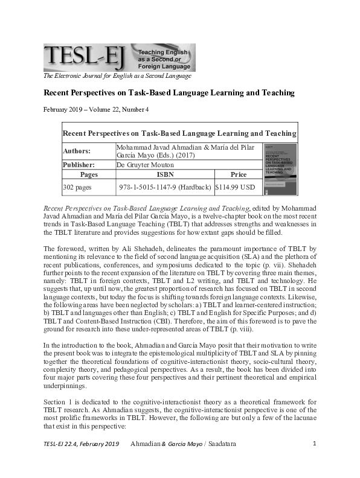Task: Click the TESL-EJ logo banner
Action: click(119, 57)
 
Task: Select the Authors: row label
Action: click(77, 151)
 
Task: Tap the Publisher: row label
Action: click(80, 164)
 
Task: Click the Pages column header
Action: click(89, 174)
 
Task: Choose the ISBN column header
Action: click(165, 174)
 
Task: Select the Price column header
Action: click(239, 174)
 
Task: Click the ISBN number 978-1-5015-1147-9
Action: click(165, 187)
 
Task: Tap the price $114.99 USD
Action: click(236, 187)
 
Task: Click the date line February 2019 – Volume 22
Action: click(96, 109)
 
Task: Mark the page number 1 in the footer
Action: click(315, 461)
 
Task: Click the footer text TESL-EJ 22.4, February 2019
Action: click(80, 461)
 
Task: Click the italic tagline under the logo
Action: click(117, 76)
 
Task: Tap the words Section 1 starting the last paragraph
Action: click(59, 401)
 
